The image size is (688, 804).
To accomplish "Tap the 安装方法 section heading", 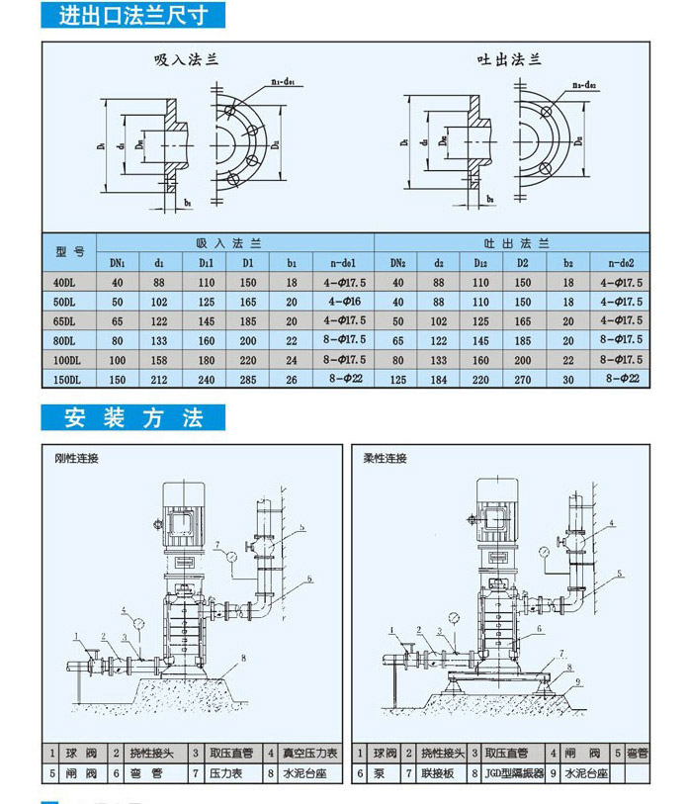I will tap(133, 417).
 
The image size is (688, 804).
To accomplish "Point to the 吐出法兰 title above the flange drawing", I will tap(509, 60).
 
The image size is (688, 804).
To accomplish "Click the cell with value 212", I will tap(159, 379).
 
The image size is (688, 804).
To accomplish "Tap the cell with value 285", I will tap(248, 379).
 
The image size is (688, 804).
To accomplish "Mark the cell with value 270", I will tap(524, 379).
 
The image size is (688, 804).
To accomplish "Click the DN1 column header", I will tap(117, 263).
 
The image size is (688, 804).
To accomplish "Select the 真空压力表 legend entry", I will tap(309, 754).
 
